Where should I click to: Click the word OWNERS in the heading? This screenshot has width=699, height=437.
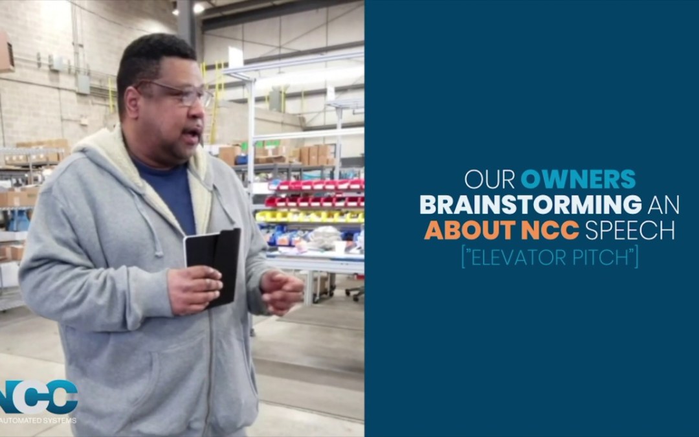(x=578, y=179)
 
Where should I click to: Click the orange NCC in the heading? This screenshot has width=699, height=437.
(x=549, y=230)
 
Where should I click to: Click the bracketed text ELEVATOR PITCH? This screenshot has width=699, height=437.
(x=549, y=257)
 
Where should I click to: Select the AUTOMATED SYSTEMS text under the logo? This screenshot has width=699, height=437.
(x=39, y=420)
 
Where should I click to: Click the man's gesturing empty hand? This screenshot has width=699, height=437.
(x=282, y=291)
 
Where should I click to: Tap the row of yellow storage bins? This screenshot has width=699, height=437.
(x=311, y=216)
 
